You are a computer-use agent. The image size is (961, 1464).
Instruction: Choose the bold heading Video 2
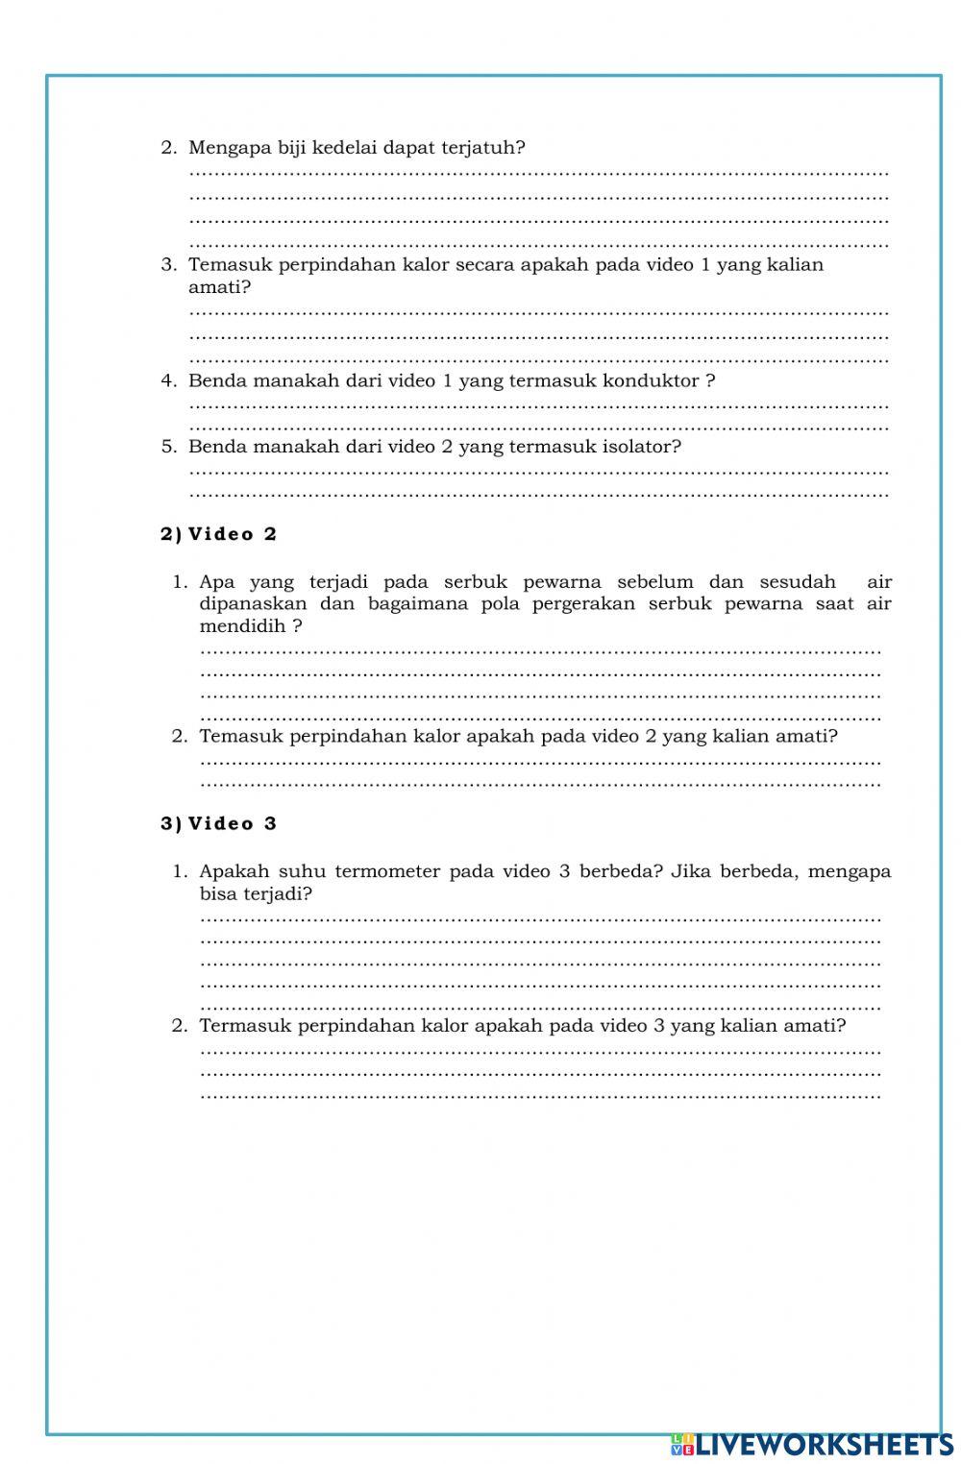point(232,534)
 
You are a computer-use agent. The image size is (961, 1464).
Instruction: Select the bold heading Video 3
point(232,823)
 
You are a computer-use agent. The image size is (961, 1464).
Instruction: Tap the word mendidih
point(243,626)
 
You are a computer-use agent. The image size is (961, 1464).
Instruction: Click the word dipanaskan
point(253,604)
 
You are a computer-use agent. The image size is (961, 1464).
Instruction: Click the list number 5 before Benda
point(168,447)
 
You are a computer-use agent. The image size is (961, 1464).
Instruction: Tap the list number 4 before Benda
point(168,380)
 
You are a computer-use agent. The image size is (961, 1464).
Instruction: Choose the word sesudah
point(798,582)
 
